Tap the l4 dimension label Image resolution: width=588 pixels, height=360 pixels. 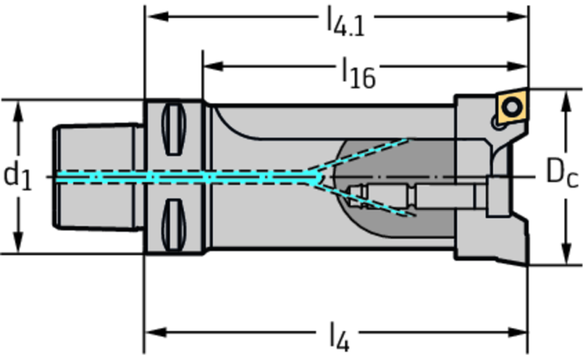click(338, 339)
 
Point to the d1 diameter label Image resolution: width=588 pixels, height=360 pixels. click(18, 176)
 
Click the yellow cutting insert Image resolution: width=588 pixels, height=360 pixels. click(512, 107)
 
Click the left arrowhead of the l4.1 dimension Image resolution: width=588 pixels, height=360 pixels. click(153, 17)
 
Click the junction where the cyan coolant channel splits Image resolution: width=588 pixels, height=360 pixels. click(318, 176)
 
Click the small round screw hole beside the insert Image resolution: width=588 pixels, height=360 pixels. click(499, 126)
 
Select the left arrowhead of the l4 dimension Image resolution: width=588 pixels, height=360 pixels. click(153, 331)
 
